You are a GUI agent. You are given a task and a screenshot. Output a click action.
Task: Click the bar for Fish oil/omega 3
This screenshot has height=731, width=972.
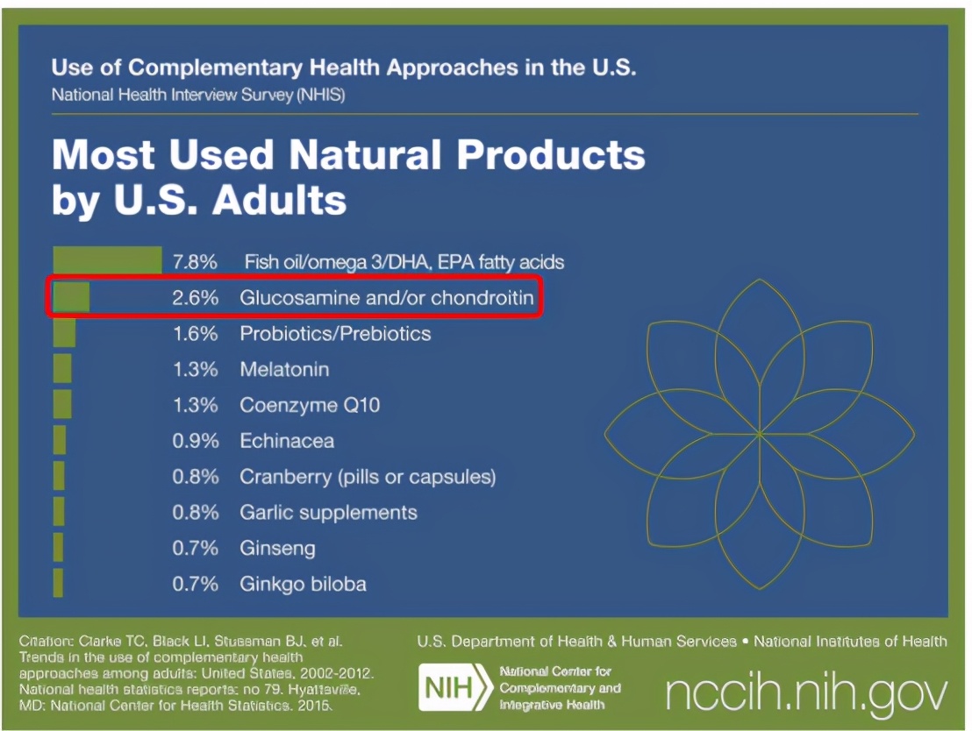click(x=107, y=261)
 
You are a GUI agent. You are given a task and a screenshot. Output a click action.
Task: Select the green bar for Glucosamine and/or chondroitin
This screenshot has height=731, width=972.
click(x=71, y=298)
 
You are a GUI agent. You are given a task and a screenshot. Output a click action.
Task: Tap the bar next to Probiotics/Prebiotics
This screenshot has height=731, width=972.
click(x=64, y=333)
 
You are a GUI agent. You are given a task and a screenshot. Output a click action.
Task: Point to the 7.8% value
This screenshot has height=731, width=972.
click(x=195, y=262)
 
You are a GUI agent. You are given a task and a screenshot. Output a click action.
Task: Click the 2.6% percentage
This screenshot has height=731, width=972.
click(x=195, y=298)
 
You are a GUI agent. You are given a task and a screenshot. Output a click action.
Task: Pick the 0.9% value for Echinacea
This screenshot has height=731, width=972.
click(x=195, y=441)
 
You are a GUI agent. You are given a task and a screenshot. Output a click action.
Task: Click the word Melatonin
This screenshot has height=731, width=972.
click(x=285, y=370)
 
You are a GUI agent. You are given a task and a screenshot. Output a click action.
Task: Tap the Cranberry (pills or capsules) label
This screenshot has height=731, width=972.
click(x=368, y=477)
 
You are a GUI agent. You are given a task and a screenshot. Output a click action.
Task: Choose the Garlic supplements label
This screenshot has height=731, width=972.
click(x=328, y=513)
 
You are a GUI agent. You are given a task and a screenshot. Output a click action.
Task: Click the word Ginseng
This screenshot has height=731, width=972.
click(x=277, y=549)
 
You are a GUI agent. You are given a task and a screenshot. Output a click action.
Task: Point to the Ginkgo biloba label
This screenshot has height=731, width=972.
click(x=303, y=584)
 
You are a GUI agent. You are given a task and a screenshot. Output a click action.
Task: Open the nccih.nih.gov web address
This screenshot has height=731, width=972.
click(x=806, y=692)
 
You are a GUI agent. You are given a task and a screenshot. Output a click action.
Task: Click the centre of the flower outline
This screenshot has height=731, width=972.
click(x=759, y=433)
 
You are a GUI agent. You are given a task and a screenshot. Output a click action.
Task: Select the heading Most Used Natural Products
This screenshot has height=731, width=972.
click(x=348, y=156)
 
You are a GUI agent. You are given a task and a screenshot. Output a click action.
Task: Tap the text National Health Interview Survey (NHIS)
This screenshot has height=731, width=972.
click(x=197, y=95)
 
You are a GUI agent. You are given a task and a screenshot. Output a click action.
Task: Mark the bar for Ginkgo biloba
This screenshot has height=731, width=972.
click(x=58, y=584)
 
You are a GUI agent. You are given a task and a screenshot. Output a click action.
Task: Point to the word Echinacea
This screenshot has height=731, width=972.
click(x=287, y=441)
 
